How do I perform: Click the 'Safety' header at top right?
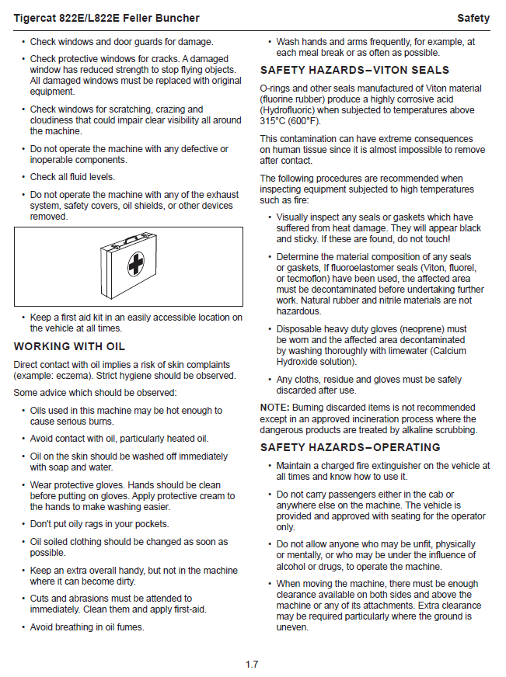(x=473, y=18)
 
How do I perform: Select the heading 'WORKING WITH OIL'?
(x=69, y=346)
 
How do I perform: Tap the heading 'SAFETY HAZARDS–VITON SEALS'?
(x=354, y=71)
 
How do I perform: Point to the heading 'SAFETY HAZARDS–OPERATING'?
(x=350, y=447)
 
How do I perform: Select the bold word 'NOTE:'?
(x=274, y=408)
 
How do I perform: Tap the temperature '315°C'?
(x=274, y=121)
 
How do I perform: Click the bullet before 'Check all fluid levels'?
(x=23, y=177)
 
